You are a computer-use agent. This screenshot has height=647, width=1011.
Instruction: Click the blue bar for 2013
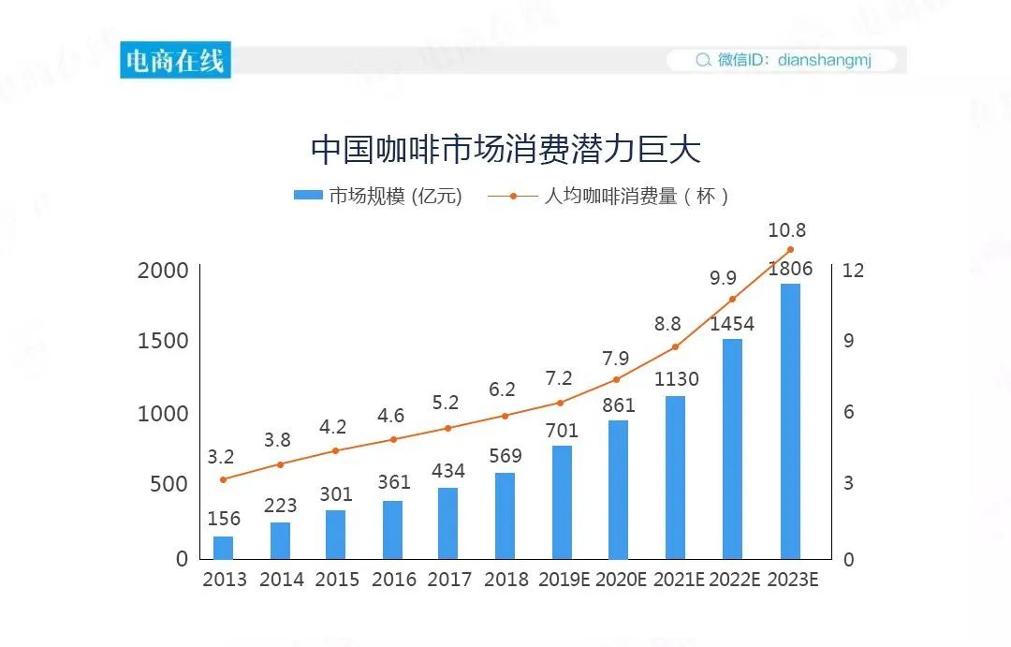coord(223,547)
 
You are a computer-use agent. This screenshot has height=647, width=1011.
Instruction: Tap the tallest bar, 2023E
coord(790,420)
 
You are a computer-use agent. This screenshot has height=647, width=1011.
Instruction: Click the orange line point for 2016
coord(393,439)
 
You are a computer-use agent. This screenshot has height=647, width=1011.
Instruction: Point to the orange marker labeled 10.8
coord(790,250)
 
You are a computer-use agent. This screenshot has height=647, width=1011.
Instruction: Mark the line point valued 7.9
coord(616,379)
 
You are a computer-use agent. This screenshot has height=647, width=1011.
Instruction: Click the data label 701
coord(562,432)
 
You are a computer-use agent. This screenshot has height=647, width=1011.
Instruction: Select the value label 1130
coord(675,380)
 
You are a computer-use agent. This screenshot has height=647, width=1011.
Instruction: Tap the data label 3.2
coord(221,458)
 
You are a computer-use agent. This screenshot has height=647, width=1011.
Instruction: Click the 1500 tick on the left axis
coord(163,341)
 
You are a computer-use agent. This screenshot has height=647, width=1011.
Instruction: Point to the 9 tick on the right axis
coord(849,341)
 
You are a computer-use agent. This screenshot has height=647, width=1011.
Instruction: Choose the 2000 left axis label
coord(163,271)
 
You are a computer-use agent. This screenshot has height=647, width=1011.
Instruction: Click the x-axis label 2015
coord(337,580)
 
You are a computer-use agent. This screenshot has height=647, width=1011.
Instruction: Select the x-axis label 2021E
coord(679,580)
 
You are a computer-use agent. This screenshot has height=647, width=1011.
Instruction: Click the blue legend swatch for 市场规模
coord(308,196)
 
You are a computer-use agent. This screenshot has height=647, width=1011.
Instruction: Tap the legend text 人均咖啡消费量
coord(610,196)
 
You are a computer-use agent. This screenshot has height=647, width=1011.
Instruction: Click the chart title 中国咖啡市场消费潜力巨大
coord(505,149)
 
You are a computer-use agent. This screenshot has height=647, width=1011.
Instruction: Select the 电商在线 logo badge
coord(175,61)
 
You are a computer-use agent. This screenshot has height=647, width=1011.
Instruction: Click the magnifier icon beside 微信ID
coord(703,61)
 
